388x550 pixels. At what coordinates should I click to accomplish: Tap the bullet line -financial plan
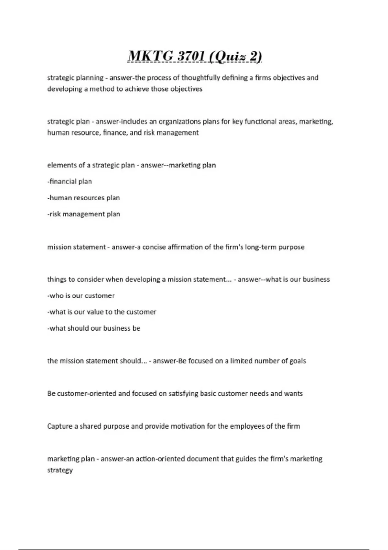tap(70, 181)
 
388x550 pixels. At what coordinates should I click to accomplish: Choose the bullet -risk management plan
tap(84, 214)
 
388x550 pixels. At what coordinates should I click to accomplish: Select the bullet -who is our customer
tap(81, 296)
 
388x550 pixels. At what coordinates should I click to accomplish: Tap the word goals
tap(297, 361)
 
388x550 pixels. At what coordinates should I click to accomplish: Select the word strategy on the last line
tap(60, 470)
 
